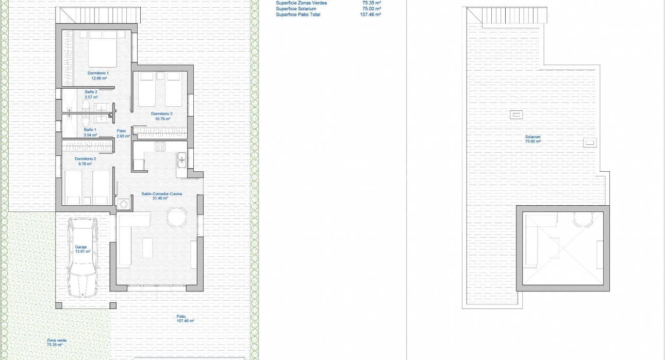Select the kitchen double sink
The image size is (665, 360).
click(181, 160)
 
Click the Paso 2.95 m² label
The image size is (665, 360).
click(122, 134)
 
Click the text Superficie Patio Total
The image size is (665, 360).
click(298, 15)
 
